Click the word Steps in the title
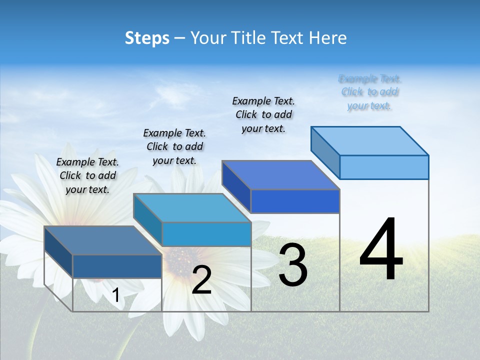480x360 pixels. (147, 38)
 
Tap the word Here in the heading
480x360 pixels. (327, 38)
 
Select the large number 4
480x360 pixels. (381, 249)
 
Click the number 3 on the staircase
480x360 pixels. (293, 264)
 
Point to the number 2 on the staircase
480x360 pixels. (201, 280)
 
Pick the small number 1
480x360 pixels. (115, 295)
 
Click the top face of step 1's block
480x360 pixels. (103, 240)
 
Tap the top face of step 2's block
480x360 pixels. (192, 208)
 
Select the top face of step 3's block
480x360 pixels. (280, 175)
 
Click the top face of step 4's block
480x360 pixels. (369, 141)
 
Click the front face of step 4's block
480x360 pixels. (384, 167)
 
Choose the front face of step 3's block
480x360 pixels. (295, 201)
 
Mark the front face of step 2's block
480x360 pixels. (206, 234)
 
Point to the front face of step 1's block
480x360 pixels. (117, 266)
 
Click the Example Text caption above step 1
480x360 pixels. (87, 175)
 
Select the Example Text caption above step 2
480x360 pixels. (174, 146)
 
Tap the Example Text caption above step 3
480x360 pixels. (263, 114)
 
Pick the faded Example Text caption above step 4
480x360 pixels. (370, 92)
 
